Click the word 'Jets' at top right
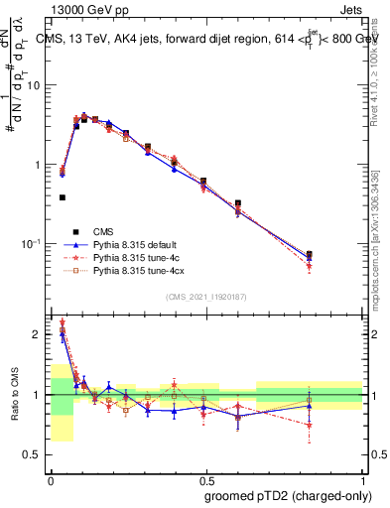(349, 9)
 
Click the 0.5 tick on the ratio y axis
(35, 454)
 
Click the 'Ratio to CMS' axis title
(14, 394)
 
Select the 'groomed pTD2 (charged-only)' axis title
(288, 495)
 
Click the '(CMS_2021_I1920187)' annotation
(206, 296)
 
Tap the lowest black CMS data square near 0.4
(63, 197)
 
